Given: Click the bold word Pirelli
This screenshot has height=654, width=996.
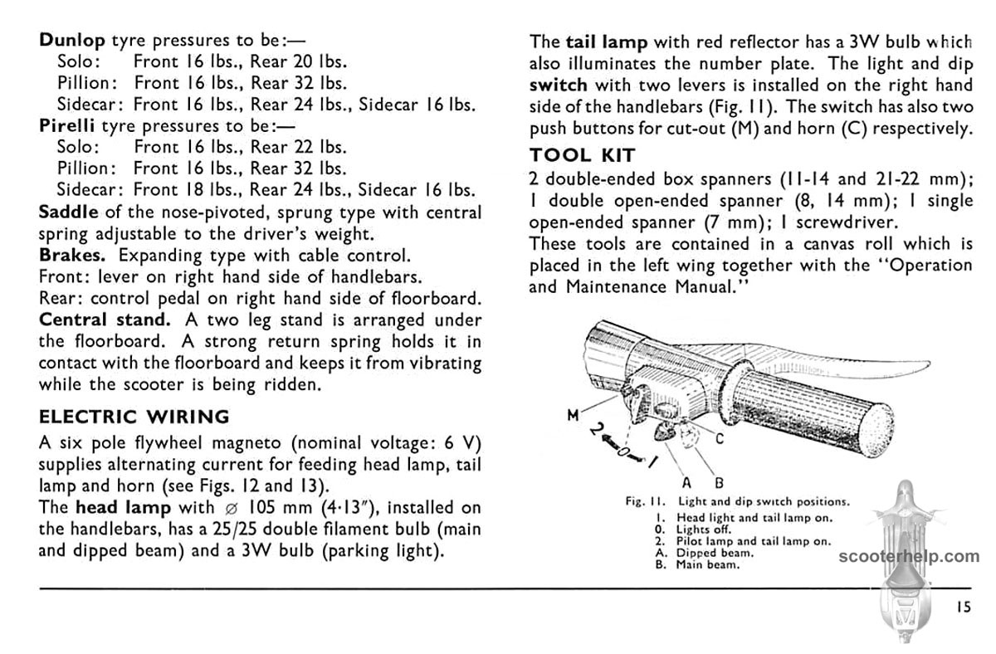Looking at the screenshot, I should click(67, 126).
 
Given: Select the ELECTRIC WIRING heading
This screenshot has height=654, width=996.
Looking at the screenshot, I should click(134, 417).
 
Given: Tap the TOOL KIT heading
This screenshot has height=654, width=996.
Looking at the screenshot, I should click(582, 154).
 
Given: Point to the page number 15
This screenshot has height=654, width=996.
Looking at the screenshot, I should click(962, 607).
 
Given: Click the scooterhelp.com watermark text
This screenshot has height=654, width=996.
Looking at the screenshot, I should click(908, 556).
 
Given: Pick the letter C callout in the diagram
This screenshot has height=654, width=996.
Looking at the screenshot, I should click(719, 440).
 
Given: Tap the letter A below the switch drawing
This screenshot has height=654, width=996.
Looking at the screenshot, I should click(686, 482).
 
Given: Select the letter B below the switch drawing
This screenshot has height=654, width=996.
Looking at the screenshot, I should click(719, 482).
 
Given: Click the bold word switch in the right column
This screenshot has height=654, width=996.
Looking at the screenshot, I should click(558, 85).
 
